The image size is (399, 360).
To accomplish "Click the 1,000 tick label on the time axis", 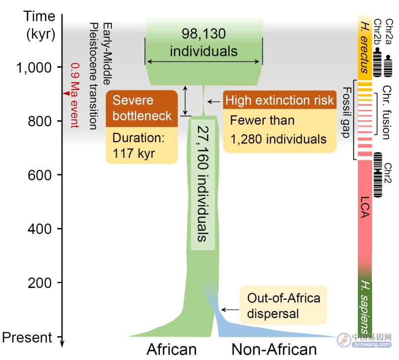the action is pos(34,68).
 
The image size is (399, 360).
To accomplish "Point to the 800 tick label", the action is pos(40,122).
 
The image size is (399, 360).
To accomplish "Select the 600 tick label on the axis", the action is pos(40,176).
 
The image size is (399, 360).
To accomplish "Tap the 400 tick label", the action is pos(40,229).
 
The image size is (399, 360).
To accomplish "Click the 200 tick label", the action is pos(40,283).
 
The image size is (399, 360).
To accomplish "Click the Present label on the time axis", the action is pos(27,338).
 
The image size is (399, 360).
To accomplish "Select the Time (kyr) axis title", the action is pos(40,25).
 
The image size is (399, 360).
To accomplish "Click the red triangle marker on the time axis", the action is pos(67,93).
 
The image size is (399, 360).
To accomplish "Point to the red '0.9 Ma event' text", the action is pos(75,95).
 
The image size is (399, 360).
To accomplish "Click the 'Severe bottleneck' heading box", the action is pos(142,109).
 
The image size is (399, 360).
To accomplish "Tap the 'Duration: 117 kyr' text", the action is pos(139,146).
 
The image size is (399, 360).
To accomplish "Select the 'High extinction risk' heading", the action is pos(279,100).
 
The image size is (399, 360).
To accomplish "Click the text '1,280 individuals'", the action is pos(278,139).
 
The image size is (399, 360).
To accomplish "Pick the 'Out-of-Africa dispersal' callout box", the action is pos(284,305).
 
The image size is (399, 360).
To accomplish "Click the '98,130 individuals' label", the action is pos(203,43).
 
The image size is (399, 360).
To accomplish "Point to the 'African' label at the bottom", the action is pos(171,349).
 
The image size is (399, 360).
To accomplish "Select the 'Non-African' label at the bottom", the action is pos(274,349).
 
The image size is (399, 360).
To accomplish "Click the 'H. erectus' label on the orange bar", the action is pos(365,47).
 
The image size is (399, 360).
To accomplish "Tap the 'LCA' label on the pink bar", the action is pos(365,207).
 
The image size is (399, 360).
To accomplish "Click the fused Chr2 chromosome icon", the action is pos(378,175).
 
